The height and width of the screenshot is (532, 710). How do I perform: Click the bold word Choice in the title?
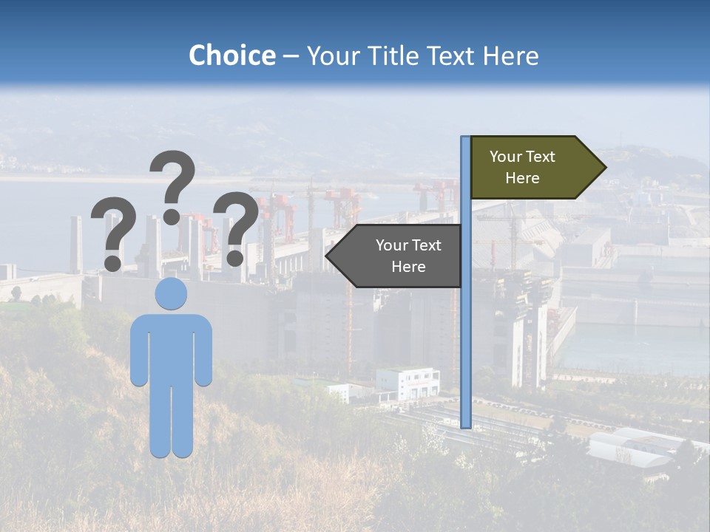231,56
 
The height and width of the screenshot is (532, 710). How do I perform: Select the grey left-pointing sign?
399,256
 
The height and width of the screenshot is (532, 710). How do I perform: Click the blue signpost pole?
466,332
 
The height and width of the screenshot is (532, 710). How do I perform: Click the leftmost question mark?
113,229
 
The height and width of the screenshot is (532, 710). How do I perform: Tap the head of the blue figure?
171,294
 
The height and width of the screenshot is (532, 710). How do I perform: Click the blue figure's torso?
171,347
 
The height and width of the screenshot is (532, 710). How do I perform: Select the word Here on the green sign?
522,178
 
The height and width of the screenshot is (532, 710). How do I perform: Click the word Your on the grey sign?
391,245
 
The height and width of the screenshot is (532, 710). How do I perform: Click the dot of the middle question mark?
172,216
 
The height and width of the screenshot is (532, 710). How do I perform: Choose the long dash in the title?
291,57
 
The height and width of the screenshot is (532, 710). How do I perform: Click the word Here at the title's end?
511,56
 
